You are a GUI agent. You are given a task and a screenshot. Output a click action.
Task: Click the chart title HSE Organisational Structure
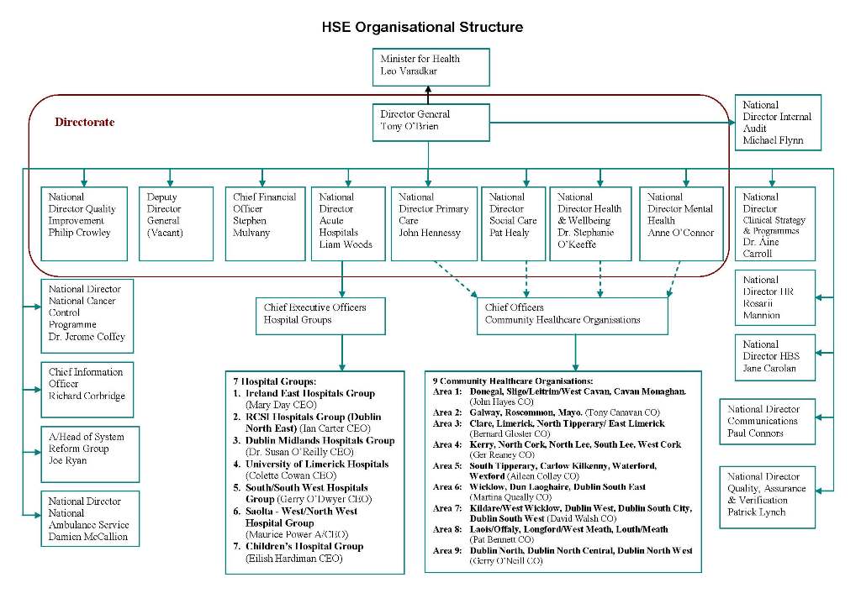[x=422, y=27]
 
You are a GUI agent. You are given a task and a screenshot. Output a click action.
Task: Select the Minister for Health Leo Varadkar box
[x=431, y=67]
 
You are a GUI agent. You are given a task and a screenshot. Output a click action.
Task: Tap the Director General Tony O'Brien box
[x=431, y=123]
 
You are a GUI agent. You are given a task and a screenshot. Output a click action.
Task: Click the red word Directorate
[x=85, y=122]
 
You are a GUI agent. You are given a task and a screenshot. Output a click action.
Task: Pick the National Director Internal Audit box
[x=778, y=123]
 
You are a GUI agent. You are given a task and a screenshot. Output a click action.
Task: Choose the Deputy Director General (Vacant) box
[x=176, y=223]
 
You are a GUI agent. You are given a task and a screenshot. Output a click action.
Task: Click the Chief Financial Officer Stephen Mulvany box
[x=265, y=223]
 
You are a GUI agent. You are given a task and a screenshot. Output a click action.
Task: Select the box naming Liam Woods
[x=348, y=223]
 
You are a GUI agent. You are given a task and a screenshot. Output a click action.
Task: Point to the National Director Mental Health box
[x=681, y=223]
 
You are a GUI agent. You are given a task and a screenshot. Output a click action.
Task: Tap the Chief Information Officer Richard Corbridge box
[x=87, y=390]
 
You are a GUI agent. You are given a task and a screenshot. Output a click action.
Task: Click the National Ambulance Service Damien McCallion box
[x=90, y=518]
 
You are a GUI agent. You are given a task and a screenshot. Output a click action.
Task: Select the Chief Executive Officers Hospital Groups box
[x=320, y=316]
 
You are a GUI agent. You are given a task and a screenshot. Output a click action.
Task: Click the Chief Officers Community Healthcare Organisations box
[x=573, y=316]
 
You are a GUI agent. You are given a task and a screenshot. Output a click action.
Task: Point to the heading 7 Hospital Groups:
[x=275, y=381]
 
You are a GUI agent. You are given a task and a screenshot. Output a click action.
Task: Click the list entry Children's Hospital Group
[x=304, y=547]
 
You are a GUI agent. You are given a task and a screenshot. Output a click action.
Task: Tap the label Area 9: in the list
[x=447, y=550]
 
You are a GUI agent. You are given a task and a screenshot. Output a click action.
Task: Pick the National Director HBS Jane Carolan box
[x=774, y=357]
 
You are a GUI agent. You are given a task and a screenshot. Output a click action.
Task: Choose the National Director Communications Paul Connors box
[x=767, y=422]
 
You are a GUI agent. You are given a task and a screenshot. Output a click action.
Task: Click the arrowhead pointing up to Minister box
[x=428, y=89]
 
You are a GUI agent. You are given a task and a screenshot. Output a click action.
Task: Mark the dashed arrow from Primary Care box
[x=455, y=279]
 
